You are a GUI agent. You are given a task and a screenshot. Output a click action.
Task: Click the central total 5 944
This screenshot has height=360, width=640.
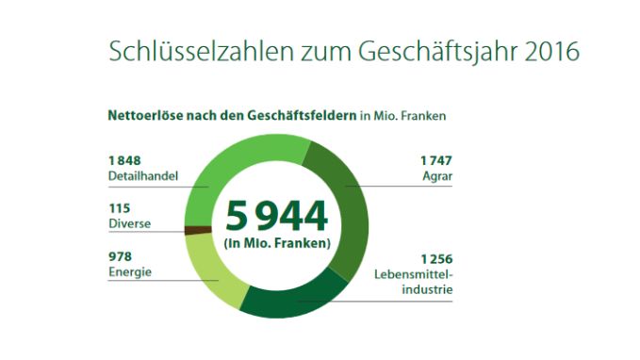276,216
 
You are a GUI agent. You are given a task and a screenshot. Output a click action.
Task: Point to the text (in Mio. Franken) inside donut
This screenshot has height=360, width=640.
276,244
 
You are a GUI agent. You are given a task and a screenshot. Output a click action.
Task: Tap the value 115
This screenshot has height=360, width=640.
120,208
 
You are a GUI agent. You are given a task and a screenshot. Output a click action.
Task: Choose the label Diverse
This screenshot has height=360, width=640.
129,224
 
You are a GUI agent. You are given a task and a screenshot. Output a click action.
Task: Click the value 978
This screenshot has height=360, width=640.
120,256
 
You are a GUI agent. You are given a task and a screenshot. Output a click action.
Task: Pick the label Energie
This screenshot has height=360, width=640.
130,272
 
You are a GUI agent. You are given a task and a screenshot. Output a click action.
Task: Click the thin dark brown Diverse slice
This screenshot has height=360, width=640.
196,229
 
